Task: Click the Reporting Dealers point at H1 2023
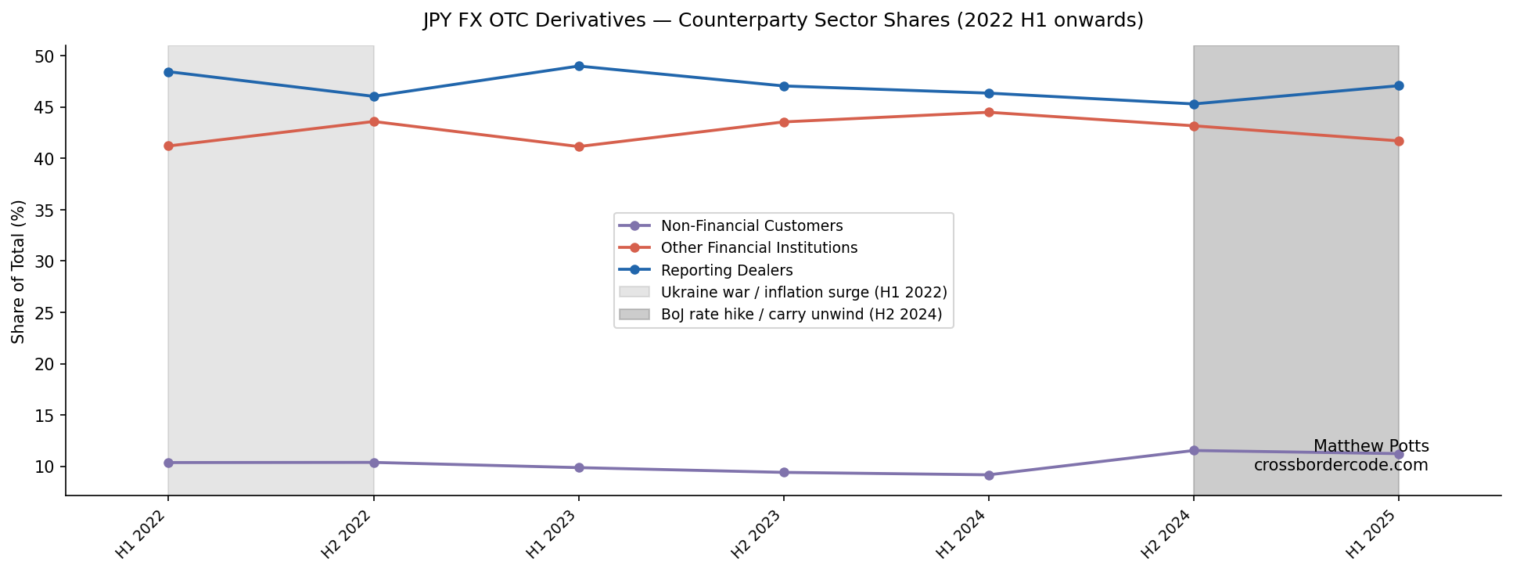pos(579,66)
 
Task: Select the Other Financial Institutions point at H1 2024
pos(989,112)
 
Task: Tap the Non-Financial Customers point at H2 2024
pos(1194,450)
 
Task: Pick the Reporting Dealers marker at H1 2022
pos(168,72)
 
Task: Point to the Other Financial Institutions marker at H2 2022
pos(374,121)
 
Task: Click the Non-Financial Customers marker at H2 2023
pos(784,472)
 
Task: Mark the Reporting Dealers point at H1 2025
pos(1399,85)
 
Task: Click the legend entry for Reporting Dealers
pos(726,270)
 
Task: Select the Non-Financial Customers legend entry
pos(751,225)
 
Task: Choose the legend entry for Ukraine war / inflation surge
pos(803,292)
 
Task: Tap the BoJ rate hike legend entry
pos(801,314)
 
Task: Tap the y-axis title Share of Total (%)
pos(19,271)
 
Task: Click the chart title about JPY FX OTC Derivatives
pos(783,20)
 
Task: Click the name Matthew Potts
pos(1371,446)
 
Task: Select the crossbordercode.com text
pos(1341,465)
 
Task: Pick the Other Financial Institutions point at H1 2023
pos(579,146)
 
